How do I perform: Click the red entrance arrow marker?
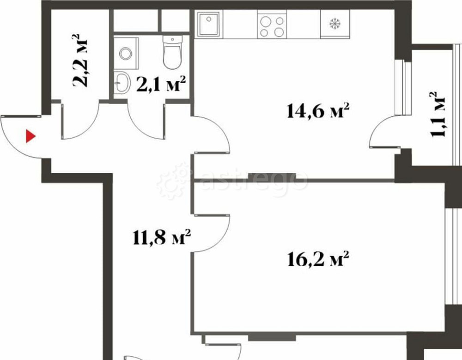pos(30,136)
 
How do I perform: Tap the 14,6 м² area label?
pos(317,111)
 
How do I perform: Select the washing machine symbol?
pos(125,53)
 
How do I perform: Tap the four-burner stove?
pos(272,26)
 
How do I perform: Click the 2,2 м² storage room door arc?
pos(83,129)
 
